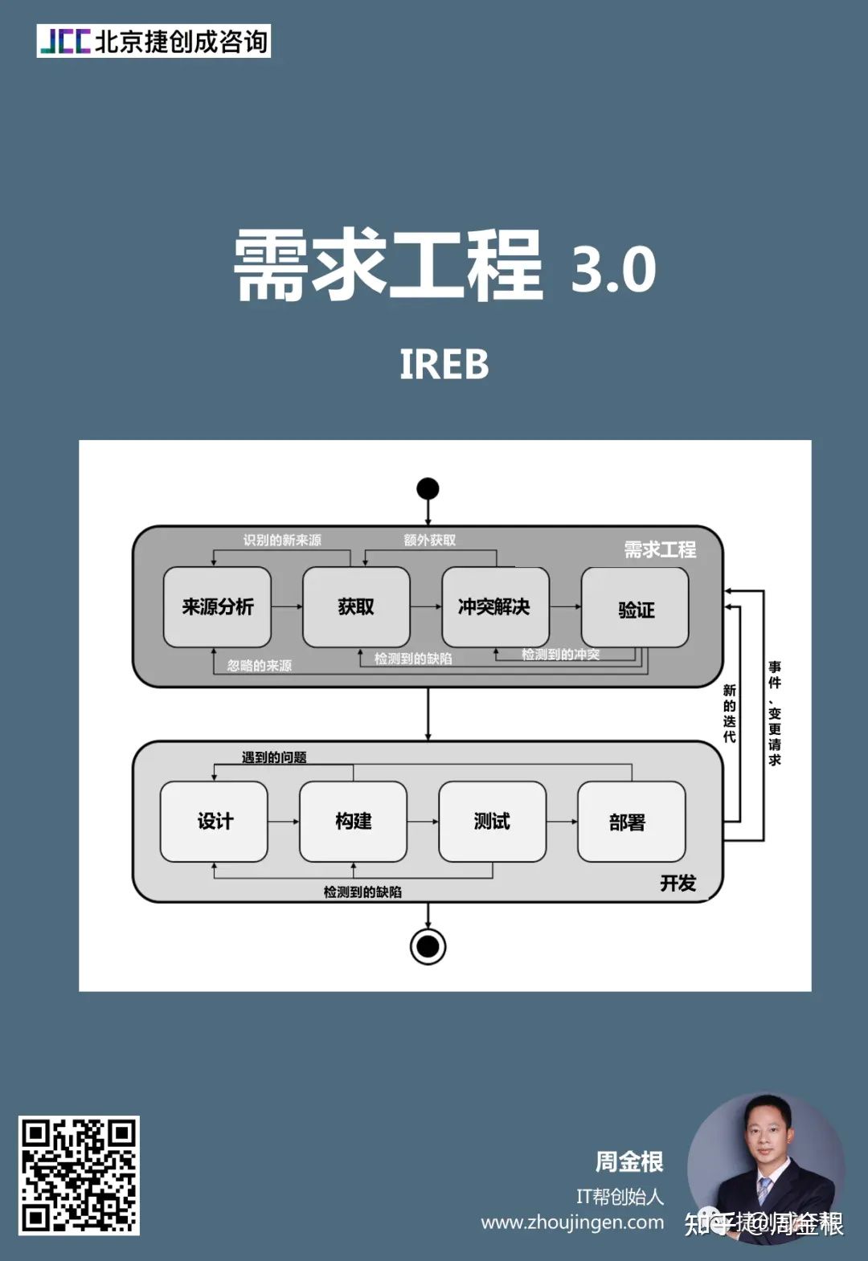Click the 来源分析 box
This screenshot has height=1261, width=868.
tap(217, 607)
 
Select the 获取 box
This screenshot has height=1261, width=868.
tap(356, 607)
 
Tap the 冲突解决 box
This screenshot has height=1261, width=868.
tap(495, 607)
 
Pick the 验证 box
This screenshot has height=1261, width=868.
tap(635, 609)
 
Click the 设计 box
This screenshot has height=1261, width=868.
tap(214, 822)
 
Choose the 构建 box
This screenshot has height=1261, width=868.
tap(353, 822)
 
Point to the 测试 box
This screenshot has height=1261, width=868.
tap(492, 822)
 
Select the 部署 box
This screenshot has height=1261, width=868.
tap(631, 822)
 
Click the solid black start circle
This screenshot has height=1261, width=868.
tap(428, 488)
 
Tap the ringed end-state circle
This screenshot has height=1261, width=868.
tap(428, 946)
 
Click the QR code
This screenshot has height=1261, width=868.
tap(79, 1175)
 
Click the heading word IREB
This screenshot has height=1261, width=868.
tap(444, 365)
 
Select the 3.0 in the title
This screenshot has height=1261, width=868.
tap(613, 270)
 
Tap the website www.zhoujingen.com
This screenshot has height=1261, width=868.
tap(572, 1222)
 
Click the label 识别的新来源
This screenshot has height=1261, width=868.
tap(282, 541)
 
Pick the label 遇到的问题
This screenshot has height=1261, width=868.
tap(274, 757)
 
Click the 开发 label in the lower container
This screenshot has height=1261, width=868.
tap(678, 884)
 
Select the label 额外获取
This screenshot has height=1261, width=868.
tap(429, 541)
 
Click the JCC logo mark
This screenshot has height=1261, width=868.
tap(65, 41)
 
